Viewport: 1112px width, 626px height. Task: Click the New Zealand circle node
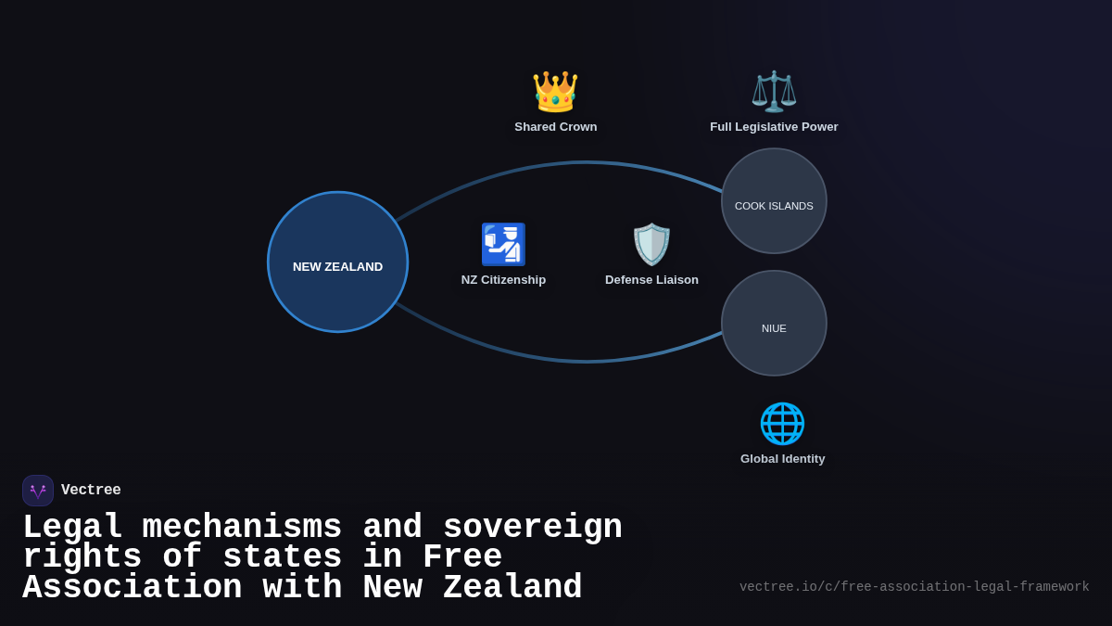pyautogui.click(x=337, y=262)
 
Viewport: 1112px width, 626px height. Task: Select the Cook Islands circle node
pyautogui.click(x=774, y=200)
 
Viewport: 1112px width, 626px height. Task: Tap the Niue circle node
pyautogui.click(x=774, y=323)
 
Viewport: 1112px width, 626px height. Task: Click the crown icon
pyautogui.click(x=555, y=92)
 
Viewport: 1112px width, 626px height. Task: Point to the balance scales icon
pyautogui.click(x=774, y=92)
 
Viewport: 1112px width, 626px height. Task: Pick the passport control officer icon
pyautogui.click(x=503, y=244)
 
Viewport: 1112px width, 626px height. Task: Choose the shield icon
pyautogui.click(x=651, y=244)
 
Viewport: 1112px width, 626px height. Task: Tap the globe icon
pyautogui.click(x=782, y=423)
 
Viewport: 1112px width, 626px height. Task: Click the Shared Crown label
pyautogui.click(x=556, y=127)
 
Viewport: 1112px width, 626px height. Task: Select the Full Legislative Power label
pyautogui.click(x=774, y=127)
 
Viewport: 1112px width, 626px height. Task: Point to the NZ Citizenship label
pyautogui.click(x=503, y=280)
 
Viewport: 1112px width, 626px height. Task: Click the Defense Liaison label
pyautogui.click(x=651, y=280)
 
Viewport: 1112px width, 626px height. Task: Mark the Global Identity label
pyautogui.click(x=782, y=459)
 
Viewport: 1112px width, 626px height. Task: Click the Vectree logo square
pyautogui.click(x=38, y=491)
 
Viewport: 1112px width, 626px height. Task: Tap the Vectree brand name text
pyautogui.click(x=91, y=491)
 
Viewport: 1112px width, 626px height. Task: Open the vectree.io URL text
pyautogui.click(x=914, y=587)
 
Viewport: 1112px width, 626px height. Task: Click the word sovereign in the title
pyautogui.click(x=532, y=528)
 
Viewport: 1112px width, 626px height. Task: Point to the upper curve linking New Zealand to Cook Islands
pyautogui.click(x=584, y=162)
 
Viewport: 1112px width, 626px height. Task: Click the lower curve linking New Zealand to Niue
pyautogui.click(x=584, y=361)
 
